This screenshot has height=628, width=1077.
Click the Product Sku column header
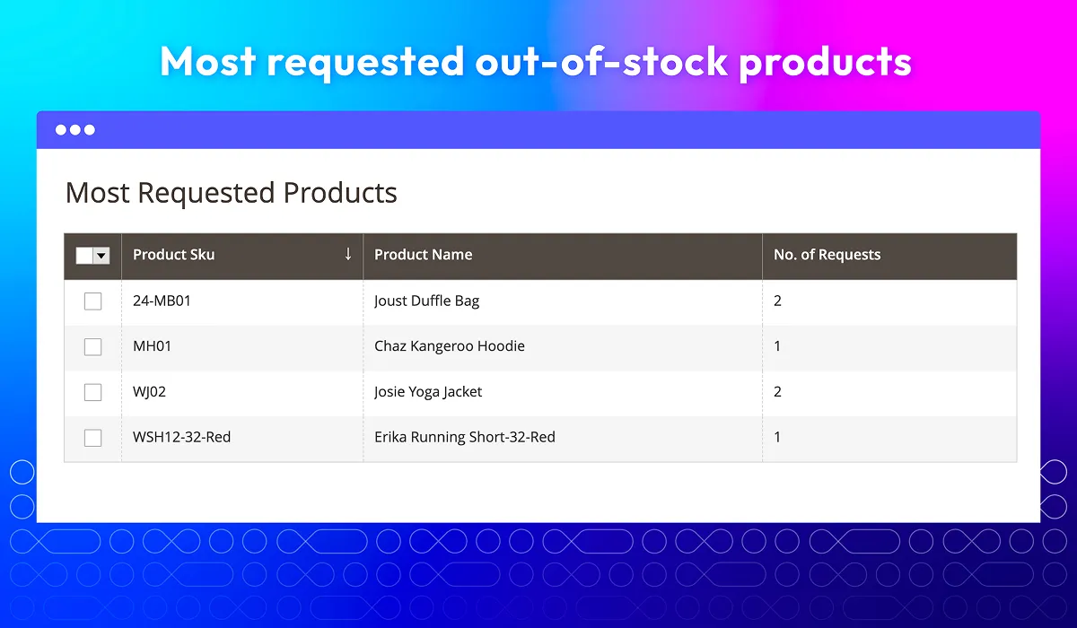[x=173, y=255]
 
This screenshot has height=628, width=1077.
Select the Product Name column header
[x=423, y=255]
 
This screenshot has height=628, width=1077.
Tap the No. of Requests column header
[x=827, y=255]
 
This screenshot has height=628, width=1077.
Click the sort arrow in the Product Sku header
[x=348, y=254]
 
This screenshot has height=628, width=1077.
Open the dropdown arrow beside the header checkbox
[x=101, y=256]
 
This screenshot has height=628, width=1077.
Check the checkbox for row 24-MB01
[x=92, y=301]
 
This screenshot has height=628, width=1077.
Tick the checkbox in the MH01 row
[x=92, y=346]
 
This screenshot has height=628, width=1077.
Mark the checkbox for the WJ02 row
[x=92, y=392]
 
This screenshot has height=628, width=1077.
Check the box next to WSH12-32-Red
[x=92, y=438]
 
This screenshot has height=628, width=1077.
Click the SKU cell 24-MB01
[x=162, y=301]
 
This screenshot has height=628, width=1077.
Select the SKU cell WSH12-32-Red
[x=181, y=437]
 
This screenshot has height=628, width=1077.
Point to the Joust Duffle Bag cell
[x=426, y=301]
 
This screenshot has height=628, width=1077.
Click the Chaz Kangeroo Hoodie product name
[x=449, y=346]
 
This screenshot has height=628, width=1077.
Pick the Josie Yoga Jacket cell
[x=428, y=392]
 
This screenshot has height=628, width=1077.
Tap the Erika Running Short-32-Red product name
[x=465, y=437]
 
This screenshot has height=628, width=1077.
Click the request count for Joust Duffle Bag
[x=777, y=301]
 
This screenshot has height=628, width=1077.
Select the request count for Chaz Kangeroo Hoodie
[x=777, y=346]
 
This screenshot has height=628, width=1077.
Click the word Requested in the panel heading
[x=206, y=194]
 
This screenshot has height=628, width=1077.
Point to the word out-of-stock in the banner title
[x=601, y=62]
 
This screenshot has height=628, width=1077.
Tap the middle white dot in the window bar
[x=75, y=130]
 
